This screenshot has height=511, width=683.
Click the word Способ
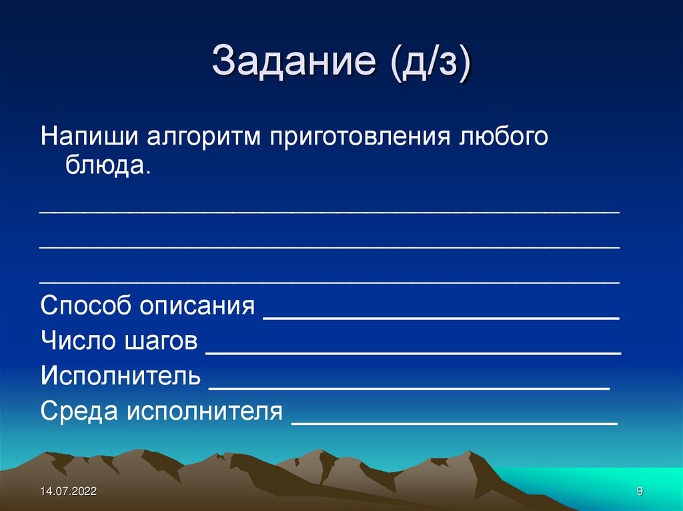coord(85,307)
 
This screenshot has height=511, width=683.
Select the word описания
coord(197,307)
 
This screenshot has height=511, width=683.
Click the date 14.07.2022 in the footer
coord(68,492)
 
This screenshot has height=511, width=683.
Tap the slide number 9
coord(640,492)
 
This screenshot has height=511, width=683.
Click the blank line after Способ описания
coord(442,318)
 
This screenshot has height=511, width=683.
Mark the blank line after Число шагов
coord(414,352)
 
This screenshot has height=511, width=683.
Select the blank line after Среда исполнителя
coord(455,422)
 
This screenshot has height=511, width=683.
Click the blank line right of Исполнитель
coord(410,386)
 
